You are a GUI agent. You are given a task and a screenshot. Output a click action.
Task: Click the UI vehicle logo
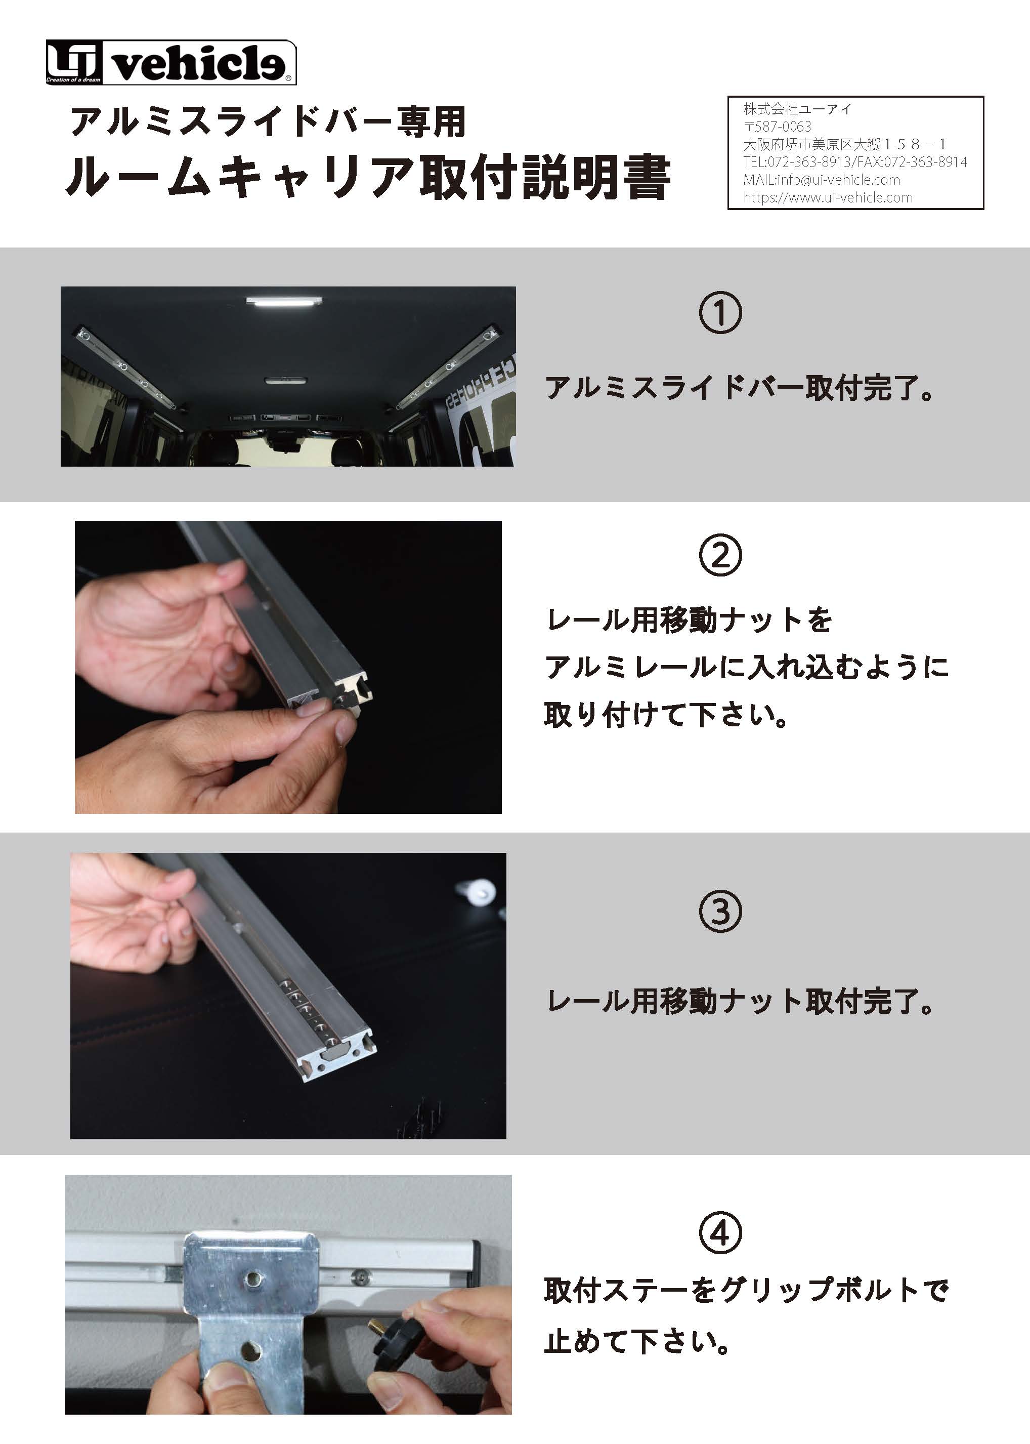pos(170,62)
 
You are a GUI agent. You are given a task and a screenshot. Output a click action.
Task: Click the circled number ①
pos(720,313)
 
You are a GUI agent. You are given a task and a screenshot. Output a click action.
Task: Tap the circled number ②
pos(720,555)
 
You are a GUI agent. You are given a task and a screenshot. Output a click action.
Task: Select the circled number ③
pos(720,912)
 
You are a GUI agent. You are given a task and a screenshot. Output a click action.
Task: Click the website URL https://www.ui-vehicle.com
pos(828,197)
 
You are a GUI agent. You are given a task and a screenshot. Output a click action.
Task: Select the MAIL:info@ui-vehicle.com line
pos(822,180)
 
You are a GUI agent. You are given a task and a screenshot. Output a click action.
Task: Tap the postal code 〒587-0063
pos(777,126)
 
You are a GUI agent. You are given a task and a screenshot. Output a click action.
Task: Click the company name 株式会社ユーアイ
pos(797,108)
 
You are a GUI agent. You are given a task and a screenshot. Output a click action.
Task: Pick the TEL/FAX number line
pos(855,162)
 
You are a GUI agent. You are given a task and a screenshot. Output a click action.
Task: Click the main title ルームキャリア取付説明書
pos(368,177)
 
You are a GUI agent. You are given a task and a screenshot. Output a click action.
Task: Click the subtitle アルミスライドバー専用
pos(268,122)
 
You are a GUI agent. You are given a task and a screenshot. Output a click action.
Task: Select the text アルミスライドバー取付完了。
pos(740,388)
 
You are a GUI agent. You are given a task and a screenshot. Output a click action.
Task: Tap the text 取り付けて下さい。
pos(666,715)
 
